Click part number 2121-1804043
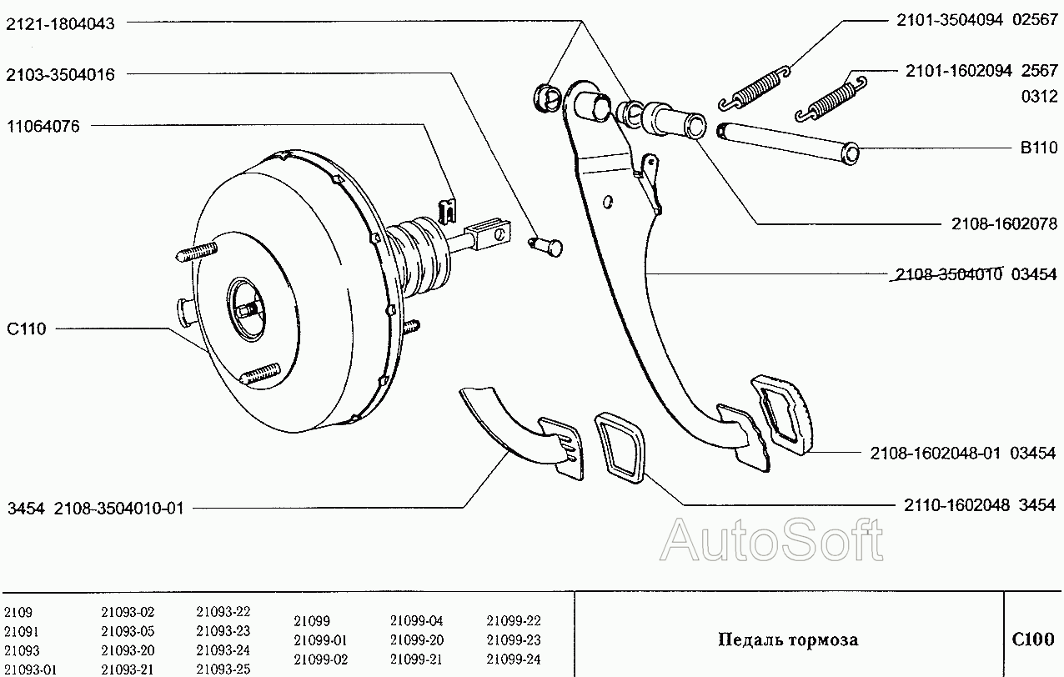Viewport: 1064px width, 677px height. (x=60, y=23)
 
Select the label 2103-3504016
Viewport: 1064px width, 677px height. (x=60, y=74)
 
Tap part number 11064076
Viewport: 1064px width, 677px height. (x=43, y=127)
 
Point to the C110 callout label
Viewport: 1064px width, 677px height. (x=27, y=328)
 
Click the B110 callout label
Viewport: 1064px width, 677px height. (x=1039, y=148)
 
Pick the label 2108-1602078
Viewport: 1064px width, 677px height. (x=1004, y=223)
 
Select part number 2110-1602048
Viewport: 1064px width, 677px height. (x=956, y=505)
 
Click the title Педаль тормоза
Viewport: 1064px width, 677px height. (x=789, y=639)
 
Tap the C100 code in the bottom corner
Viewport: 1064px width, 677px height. (x=1033, y=639)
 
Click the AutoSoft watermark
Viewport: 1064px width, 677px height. (x=772, y=540)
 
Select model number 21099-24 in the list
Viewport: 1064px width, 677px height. (x=514, y=659)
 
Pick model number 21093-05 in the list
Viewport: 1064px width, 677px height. (x=128, y=631)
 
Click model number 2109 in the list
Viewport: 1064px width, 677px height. (x=18, y=612)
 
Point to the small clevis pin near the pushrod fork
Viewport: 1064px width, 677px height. (x=546, y=247)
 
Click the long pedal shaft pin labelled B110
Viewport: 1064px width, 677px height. (x=788, y=143)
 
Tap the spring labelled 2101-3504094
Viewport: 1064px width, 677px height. (x=755, y=89)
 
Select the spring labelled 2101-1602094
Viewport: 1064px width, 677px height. (x=831, y=98)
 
